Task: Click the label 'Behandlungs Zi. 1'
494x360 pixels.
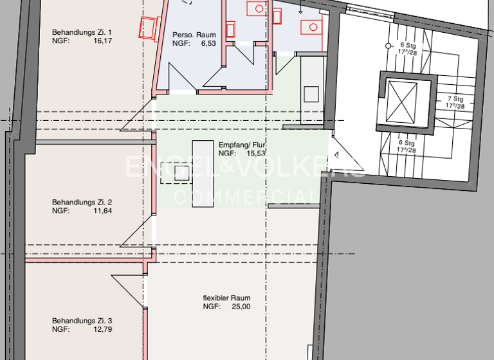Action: pos(82,32)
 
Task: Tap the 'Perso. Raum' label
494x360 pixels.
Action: pos(194,35)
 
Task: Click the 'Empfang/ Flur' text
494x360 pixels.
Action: pos(242,145)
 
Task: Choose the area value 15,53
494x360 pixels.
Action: pos(257,154)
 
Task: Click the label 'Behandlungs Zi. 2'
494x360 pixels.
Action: pos(82,202)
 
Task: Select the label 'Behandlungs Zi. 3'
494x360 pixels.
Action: pos(82,321)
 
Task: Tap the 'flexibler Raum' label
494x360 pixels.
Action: pos(226,298)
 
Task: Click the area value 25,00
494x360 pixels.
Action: pos(241,307)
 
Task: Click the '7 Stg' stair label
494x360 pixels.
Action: pos(456,99)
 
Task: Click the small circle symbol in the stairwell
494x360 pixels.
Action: pos(388,46)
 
